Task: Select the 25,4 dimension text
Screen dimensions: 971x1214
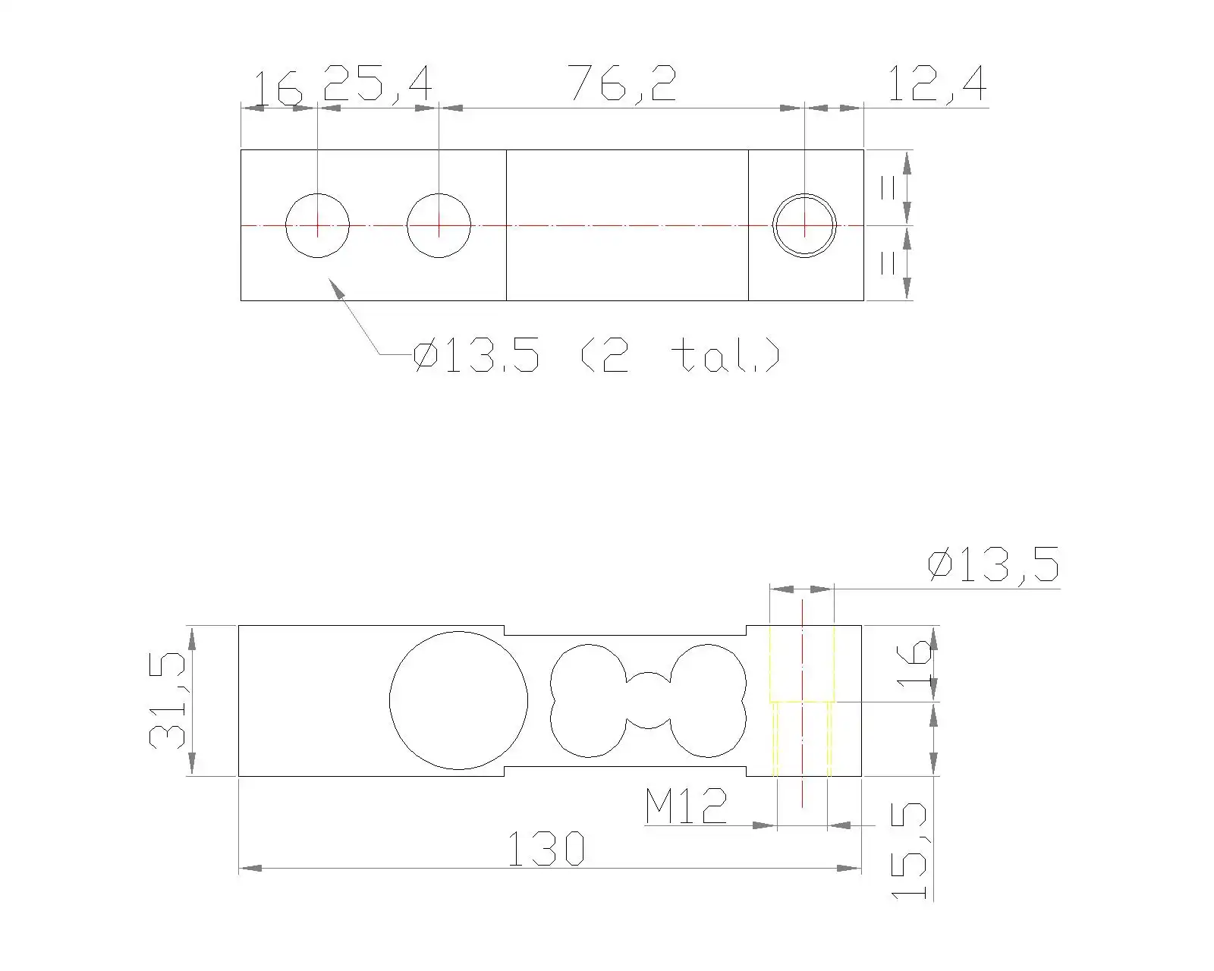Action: [x=377, y=84]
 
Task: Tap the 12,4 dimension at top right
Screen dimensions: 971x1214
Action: [x=936, y=84]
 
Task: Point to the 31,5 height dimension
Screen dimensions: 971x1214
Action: [x=168, y=700]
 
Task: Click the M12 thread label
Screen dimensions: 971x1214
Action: [x=685, y=807]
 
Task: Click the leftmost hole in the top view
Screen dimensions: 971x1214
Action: [x=317, y=225]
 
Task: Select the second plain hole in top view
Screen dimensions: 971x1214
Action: [x=439, y=225]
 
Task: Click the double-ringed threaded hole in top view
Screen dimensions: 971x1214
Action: [x=804, y=225]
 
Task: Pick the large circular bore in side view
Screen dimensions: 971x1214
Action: [x=458, y=700]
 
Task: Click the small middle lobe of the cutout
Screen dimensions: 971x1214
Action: [x=648, y=700]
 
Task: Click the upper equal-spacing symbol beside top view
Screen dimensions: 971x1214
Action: [x=888, y=187]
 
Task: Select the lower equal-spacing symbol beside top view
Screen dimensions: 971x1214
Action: [x=888, y=262]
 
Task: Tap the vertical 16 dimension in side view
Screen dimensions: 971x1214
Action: [x=914, y=662]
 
